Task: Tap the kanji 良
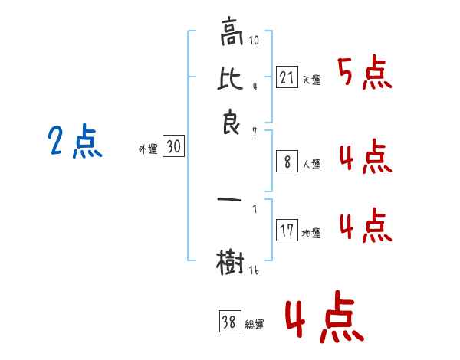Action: click(x=232, y=123)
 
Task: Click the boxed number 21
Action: click(x=287, y=77)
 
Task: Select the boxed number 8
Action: click(x=287, y=161)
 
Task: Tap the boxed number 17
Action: click(x=287, y=231)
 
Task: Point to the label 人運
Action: click(x=311, y=163)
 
